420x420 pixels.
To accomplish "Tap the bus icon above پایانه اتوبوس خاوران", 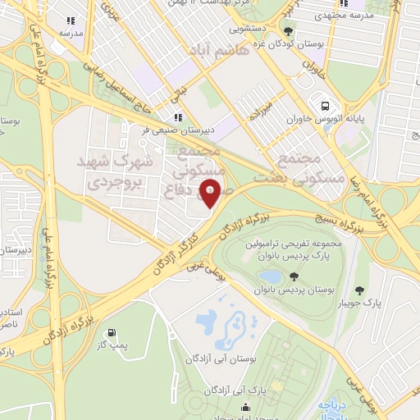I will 326,106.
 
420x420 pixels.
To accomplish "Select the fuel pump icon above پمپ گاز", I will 112,334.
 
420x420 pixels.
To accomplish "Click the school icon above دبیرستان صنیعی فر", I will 178,116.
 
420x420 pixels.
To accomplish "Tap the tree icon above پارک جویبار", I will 360,290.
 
